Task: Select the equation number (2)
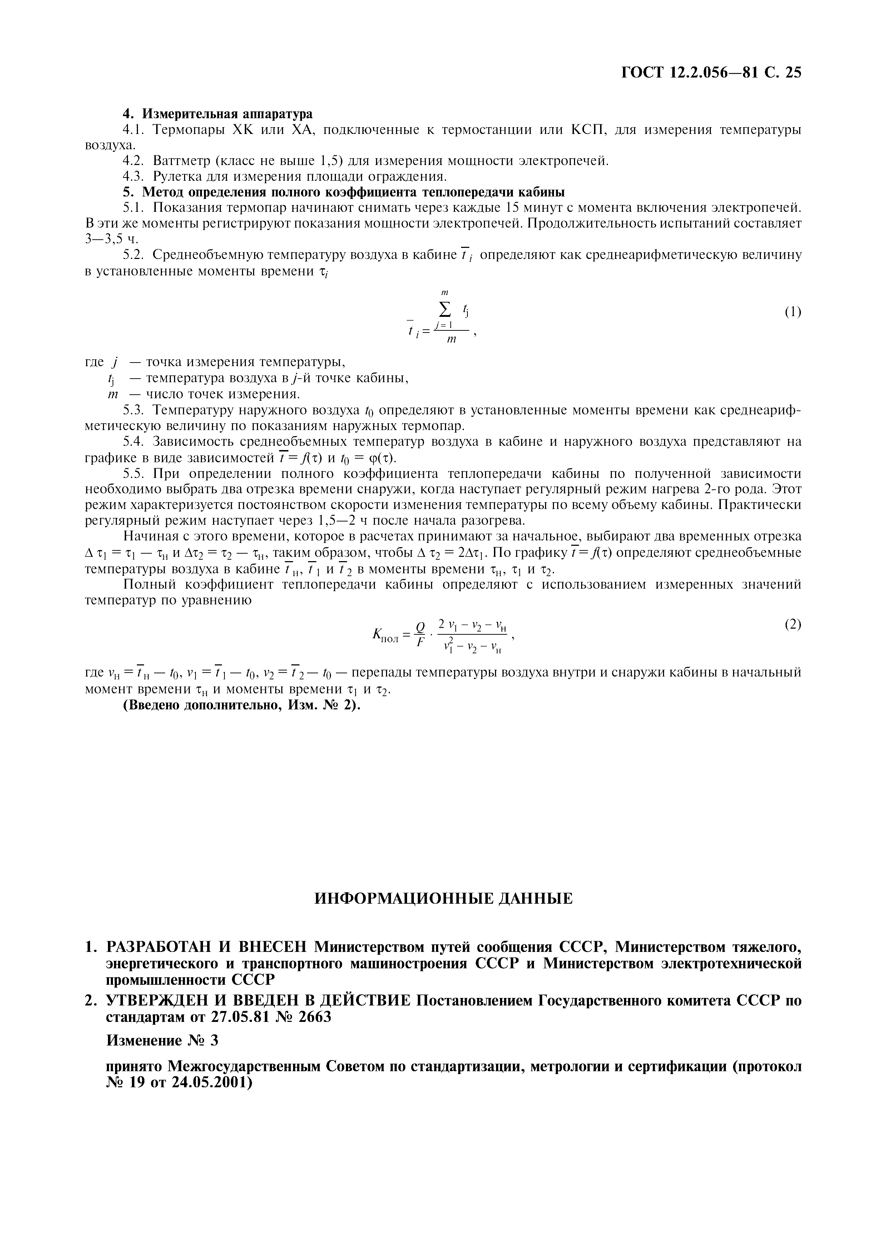[793, 625]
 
